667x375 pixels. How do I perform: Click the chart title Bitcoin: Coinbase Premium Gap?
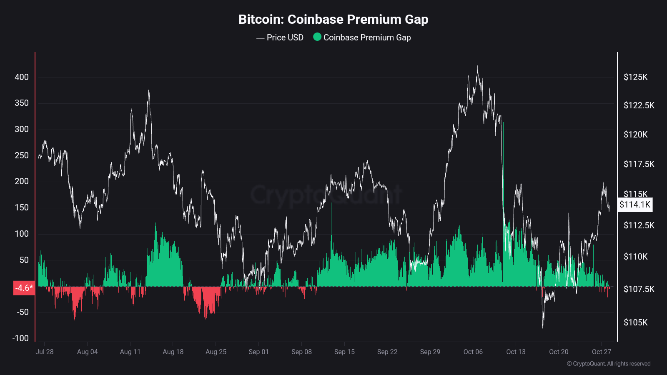click(x=333, y=20)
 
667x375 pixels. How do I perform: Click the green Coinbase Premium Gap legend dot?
click(x=317, y=37)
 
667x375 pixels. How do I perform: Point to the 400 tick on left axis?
click(x=22, y=77)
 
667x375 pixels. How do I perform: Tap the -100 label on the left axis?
click(x=20, y=338)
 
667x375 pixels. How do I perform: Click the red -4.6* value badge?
click(x=24, y=288)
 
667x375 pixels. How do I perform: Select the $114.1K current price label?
click(x=634, y=205)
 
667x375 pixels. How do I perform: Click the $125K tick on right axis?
click(x=635, y=77)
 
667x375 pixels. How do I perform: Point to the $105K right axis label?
click(x=635, y=322)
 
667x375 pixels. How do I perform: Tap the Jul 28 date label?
click(x=45, y=352)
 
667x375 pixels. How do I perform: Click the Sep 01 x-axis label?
click(x=258, y=352)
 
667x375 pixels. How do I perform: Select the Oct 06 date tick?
click(x=473, y=352)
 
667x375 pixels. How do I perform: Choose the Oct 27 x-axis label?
click(x=601, y=352)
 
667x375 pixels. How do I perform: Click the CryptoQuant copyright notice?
click(x=609, y=364)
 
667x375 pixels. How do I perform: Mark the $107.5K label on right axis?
click(x=639, y=289)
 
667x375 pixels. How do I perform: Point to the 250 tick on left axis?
click(x=22, y=155)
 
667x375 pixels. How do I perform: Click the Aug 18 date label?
click(x=173, y=352)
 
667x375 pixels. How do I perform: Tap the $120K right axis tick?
click(x=635, y=135)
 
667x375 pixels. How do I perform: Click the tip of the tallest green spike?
click(x=503, y=66)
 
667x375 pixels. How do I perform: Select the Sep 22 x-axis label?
click(x=387, y=352)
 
